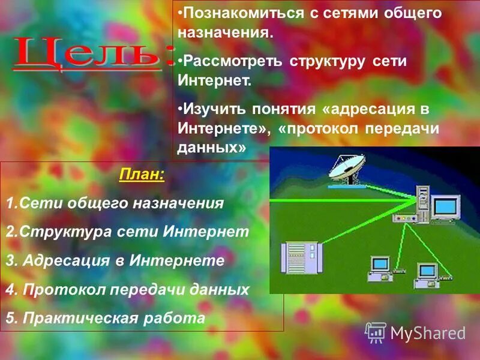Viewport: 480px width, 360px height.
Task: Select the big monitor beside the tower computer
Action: pos(446,206)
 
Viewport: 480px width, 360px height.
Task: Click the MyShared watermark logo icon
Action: pos(376,332)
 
